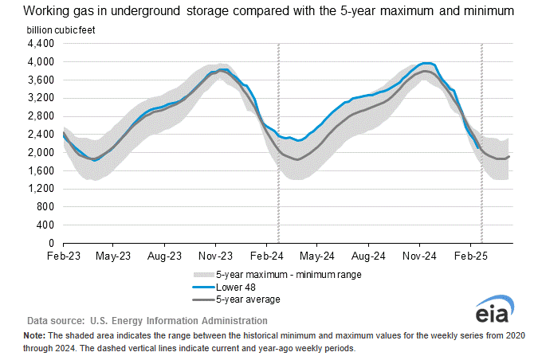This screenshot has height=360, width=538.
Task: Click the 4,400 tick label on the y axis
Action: (41, 43)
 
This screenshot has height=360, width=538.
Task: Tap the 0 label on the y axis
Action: (50, 243)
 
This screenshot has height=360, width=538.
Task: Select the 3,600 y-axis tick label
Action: (41, 80)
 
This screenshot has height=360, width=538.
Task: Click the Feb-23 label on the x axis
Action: (63, 257)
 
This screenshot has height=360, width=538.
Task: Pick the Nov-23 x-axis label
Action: (215, 257)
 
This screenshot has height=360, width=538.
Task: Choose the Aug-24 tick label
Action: (368, 257)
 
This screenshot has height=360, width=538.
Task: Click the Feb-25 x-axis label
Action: (470, 257)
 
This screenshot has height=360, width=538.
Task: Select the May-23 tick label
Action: (113, 257)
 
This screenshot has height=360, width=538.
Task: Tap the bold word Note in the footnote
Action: (37, 337)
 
